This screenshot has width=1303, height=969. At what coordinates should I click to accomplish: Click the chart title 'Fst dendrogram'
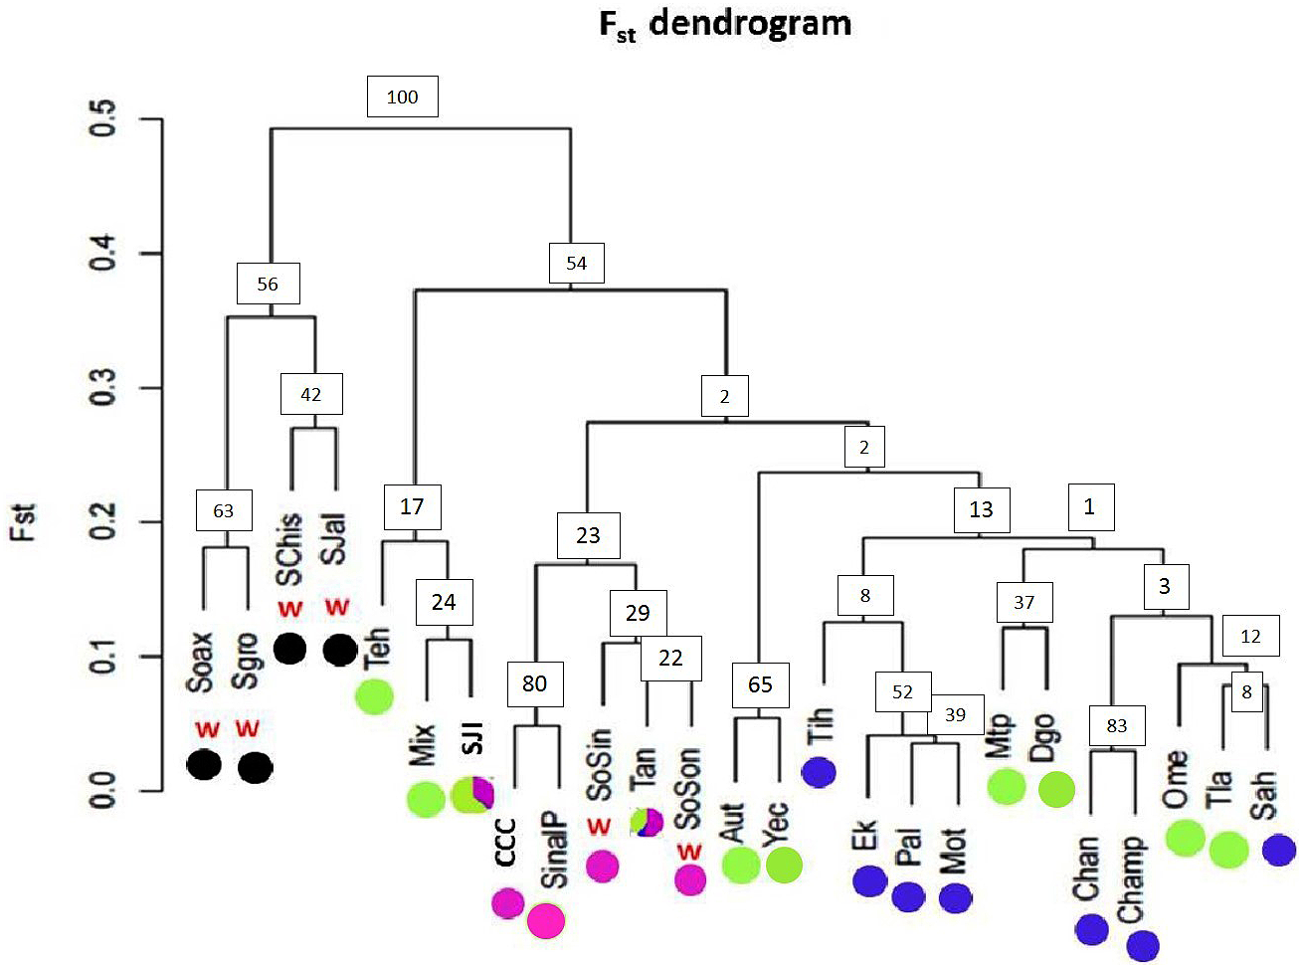point(725,24)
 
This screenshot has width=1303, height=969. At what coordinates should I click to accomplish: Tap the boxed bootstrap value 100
point(402,97)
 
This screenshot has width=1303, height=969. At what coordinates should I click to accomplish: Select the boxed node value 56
point(268,284)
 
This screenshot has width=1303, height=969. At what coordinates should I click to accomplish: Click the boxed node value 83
point(1116,725)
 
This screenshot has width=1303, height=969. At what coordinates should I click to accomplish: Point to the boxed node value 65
point(760,684)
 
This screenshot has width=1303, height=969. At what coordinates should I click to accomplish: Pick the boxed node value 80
point(534,683)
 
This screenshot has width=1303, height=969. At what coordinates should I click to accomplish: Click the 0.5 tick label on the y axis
point(103,118)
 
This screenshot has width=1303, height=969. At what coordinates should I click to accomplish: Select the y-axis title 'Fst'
point(24,521)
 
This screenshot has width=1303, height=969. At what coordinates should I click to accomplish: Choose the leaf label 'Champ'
point(1131,880)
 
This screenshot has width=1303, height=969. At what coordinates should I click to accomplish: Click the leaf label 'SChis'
point(289,548)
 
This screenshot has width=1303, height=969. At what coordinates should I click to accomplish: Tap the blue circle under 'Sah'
point(1278,851)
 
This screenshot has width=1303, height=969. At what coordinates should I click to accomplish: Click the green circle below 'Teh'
point(374,696)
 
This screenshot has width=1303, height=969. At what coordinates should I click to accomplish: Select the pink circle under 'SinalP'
point(546,920)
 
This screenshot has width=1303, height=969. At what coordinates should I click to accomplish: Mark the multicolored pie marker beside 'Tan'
point(647,822)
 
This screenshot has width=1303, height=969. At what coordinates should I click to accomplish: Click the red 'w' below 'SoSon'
point(688,852)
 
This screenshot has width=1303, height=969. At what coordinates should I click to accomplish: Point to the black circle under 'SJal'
point(340,650)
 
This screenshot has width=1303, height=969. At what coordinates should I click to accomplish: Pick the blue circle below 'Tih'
point(819,772)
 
